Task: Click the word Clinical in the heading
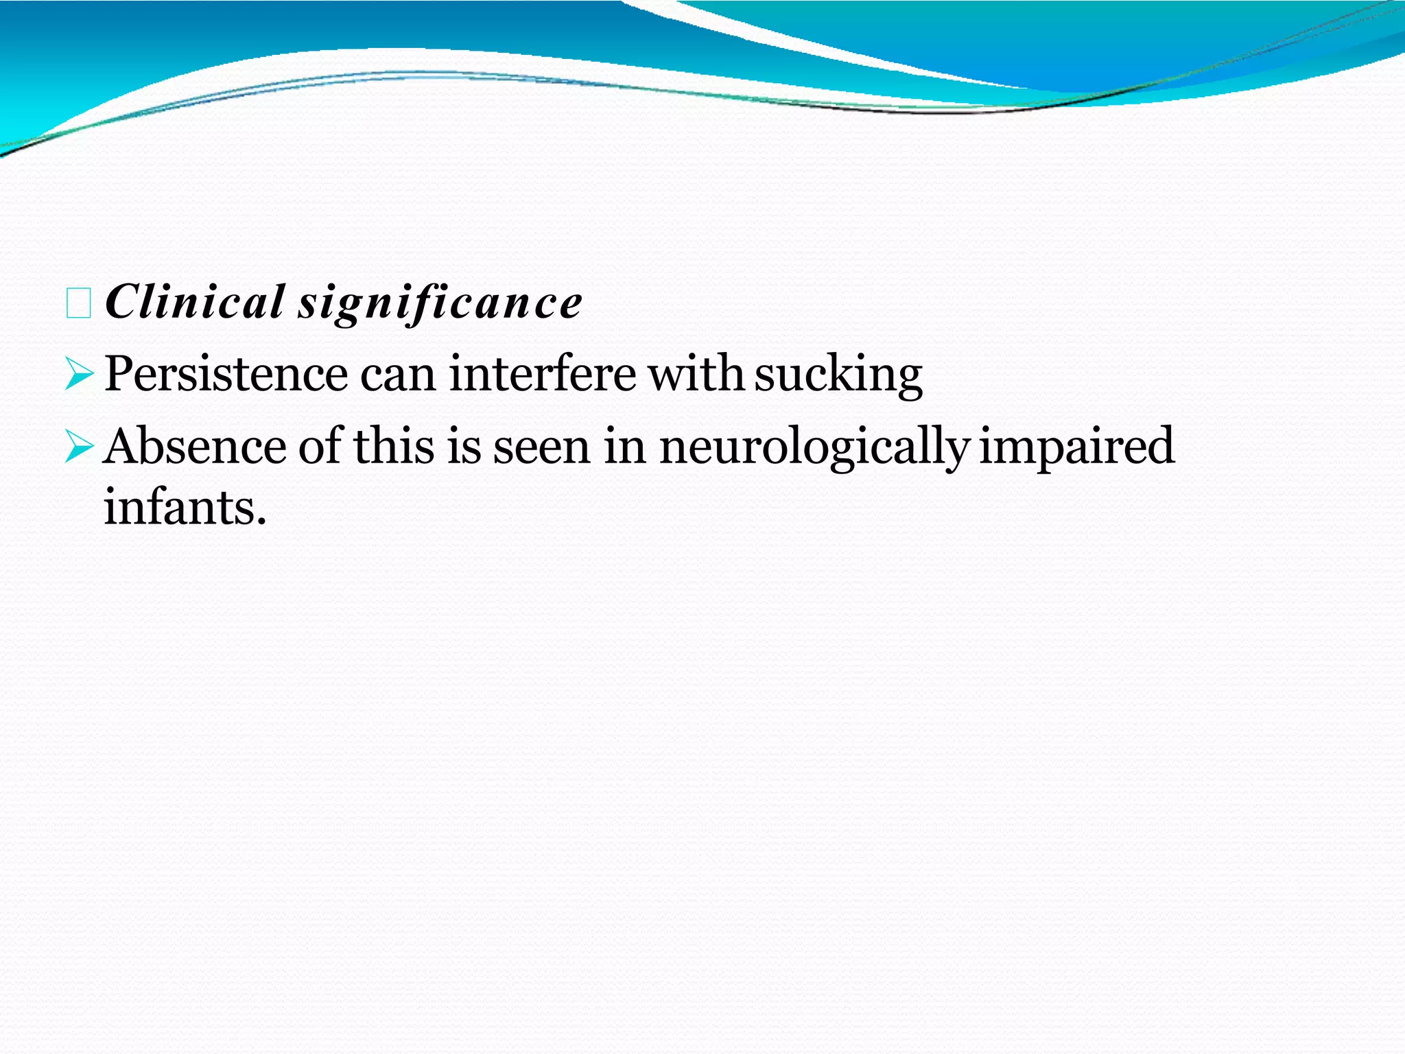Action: point(195,302)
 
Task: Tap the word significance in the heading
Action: point(440,303)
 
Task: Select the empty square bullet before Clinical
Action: point(78,304)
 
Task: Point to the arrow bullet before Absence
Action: point(79,448)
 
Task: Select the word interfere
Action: point(543,375)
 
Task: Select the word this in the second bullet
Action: point(394,447)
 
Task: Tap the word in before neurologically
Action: point(625,447)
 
